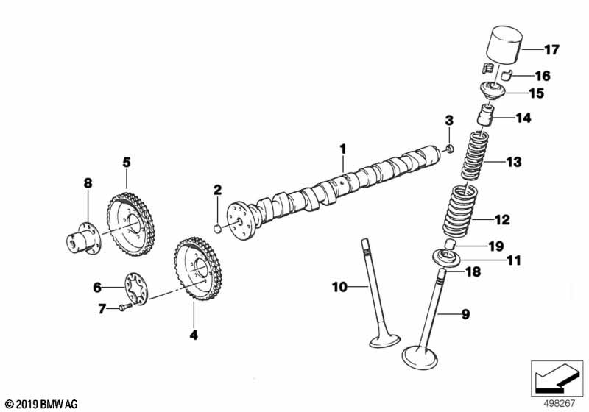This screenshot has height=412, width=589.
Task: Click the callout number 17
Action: point(551,50)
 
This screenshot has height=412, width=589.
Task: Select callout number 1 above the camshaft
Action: point(342,149)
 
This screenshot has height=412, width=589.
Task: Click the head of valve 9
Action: point(421,359)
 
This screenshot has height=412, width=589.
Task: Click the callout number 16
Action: point(542,76)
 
